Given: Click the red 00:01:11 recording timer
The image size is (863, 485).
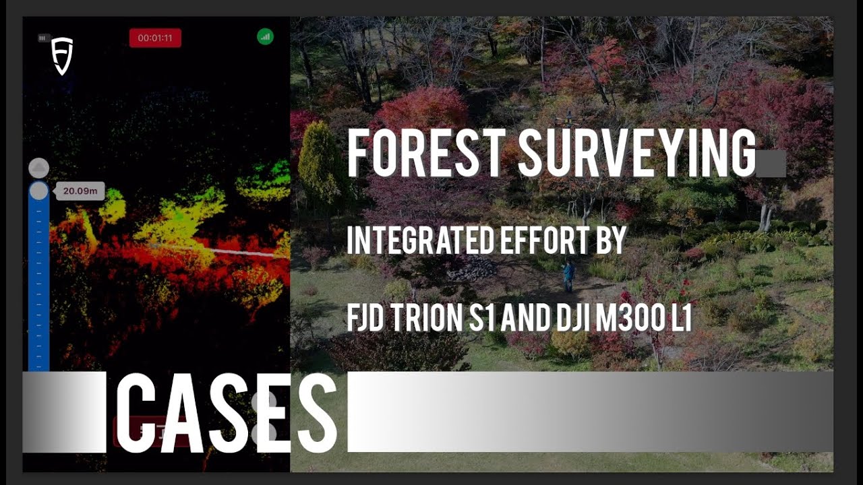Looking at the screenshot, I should [x=155, y=38].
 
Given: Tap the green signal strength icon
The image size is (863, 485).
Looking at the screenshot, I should [x=265, y=37].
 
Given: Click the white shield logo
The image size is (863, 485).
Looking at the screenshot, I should [x=62, y=56].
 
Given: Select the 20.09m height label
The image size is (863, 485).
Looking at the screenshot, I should [x=80, y=191].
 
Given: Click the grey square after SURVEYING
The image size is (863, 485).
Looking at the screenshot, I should [x=771, y=164].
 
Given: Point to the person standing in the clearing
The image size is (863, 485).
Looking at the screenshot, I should [x=569, y=276].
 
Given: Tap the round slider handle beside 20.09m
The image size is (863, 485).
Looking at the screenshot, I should [x=39, y=191].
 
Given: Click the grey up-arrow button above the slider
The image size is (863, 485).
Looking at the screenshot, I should [x=39, y=168].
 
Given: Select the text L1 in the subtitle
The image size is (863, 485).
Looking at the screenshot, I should [x=679, y=318].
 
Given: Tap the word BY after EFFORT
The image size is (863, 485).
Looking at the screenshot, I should [x=613, y=241].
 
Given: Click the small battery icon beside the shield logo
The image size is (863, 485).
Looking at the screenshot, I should [x=44, y=38].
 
